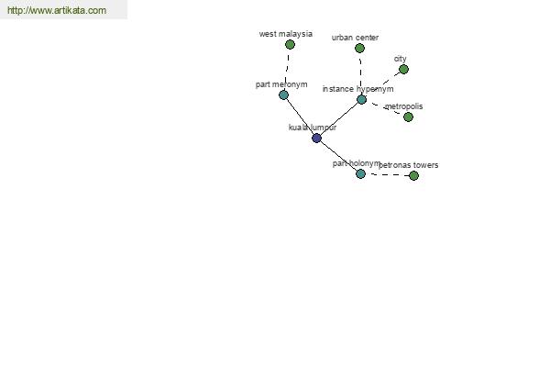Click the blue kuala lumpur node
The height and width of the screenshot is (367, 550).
point(316,138)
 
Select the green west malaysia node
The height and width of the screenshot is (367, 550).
point(290,45)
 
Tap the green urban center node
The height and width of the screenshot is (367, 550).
point(359,49)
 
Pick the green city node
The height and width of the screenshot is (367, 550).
point(403,70)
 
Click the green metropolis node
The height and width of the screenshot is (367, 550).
point(408,117)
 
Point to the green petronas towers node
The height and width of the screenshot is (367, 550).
point(414,175)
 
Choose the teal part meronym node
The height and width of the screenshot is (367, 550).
point(283,95)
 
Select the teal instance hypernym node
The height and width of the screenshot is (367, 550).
point(362,100)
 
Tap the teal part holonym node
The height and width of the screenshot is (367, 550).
point(360,173)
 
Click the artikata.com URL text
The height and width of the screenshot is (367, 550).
point(57,10)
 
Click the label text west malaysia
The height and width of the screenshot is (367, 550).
point(285,34)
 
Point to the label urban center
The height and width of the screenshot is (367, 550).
point(355,38)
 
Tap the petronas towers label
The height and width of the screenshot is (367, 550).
point(409,165)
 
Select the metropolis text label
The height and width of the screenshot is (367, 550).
point(403,106)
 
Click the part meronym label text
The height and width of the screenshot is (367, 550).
point(281,84)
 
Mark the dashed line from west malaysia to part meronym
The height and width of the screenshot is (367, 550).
point(288,69)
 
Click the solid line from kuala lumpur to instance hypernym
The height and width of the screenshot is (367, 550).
point(338,119)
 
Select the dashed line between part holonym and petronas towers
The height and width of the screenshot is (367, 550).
point(387,174)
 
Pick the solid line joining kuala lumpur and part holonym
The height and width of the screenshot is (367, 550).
point(338,156)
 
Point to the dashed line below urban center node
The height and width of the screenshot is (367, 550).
point(360,73)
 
